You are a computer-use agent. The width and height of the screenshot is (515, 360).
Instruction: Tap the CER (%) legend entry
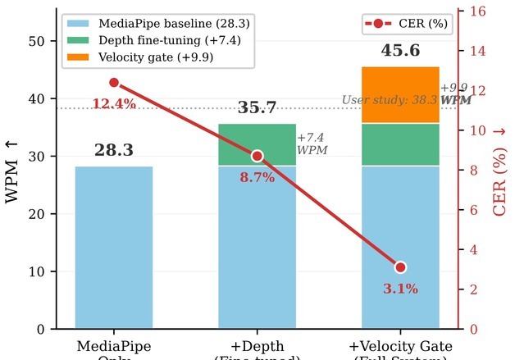(408, 24)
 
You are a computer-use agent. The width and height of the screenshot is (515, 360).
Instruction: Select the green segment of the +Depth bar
(257, 144)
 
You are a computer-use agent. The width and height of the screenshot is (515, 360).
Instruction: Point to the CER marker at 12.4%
(113, 83)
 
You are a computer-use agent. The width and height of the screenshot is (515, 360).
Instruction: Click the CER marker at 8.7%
(257, 156)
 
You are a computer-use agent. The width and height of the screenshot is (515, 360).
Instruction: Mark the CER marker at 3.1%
(400, 267)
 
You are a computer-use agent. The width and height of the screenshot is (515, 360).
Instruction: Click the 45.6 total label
(400, 51)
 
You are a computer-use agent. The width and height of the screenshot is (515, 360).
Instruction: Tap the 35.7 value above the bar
(257, 108)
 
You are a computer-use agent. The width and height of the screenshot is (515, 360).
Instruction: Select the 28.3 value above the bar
(113, 151)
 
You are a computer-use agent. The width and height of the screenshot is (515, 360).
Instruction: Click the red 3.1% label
(400, 289)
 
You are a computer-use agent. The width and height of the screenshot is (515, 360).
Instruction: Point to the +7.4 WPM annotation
(312, 144)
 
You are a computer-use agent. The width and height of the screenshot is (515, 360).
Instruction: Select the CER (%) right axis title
(500, 170)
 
